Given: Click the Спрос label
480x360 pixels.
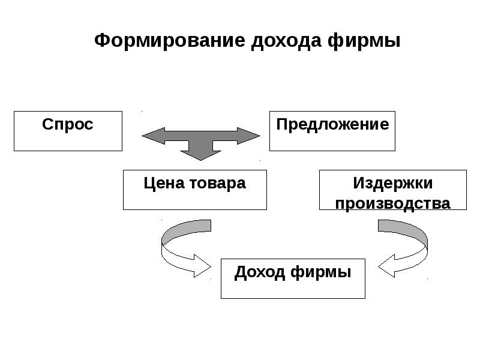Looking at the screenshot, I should coord(68,124).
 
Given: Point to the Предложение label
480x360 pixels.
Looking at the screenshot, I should coord(332,124).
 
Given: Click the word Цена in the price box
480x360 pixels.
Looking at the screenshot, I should coord(158,183).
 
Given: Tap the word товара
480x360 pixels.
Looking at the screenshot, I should coord(217,183).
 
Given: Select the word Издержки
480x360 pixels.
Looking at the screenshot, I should coord(392,182).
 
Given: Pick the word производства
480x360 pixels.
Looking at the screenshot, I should coord(392,203).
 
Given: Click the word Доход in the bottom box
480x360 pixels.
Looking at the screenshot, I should coord(260,272).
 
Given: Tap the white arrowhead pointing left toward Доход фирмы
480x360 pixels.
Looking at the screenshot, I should coord(388,265).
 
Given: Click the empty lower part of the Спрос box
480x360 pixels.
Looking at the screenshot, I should coord(68,142).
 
